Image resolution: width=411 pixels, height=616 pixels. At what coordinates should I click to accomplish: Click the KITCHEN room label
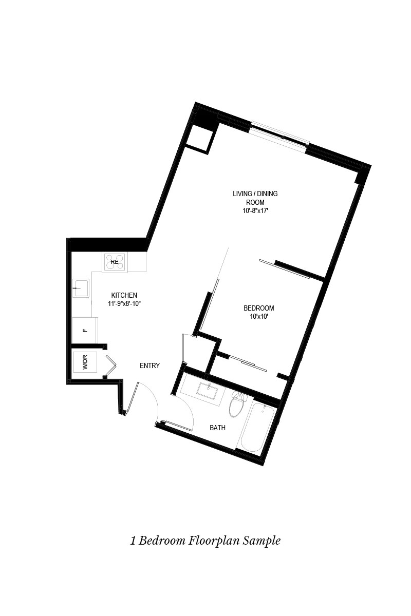[x=124, y=295]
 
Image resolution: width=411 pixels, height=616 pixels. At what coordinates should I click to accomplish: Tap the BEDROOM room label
[x=258, y=308]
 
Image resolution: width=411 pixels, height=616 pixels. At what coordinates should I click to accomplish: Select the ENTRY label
[x=150, y=366]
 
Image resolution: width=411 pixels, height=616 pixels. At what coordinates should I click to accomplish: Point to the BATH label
[x=217, y=428]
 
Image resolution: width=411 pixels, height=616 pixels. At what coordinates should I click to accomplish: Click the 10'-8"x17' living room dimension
[x=256, y=210]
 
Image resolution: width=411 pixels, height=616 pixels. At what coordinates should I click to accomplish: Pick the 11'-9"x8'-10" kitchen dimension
[x=124, y=304]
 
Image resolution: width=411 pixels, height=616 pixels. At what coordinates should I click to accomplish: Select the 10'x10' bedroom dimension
[x=258, y=317]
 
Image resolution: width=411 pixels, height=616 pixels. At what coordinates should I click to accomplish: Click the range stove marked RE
[x=115, y=262]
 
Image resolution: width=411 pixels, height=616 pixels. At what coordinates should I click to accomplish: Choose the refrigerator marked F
[x=84, y=330]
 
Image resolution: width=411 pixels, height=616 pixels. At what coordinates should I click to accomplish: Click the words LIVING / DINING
[x=255, y=194]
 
